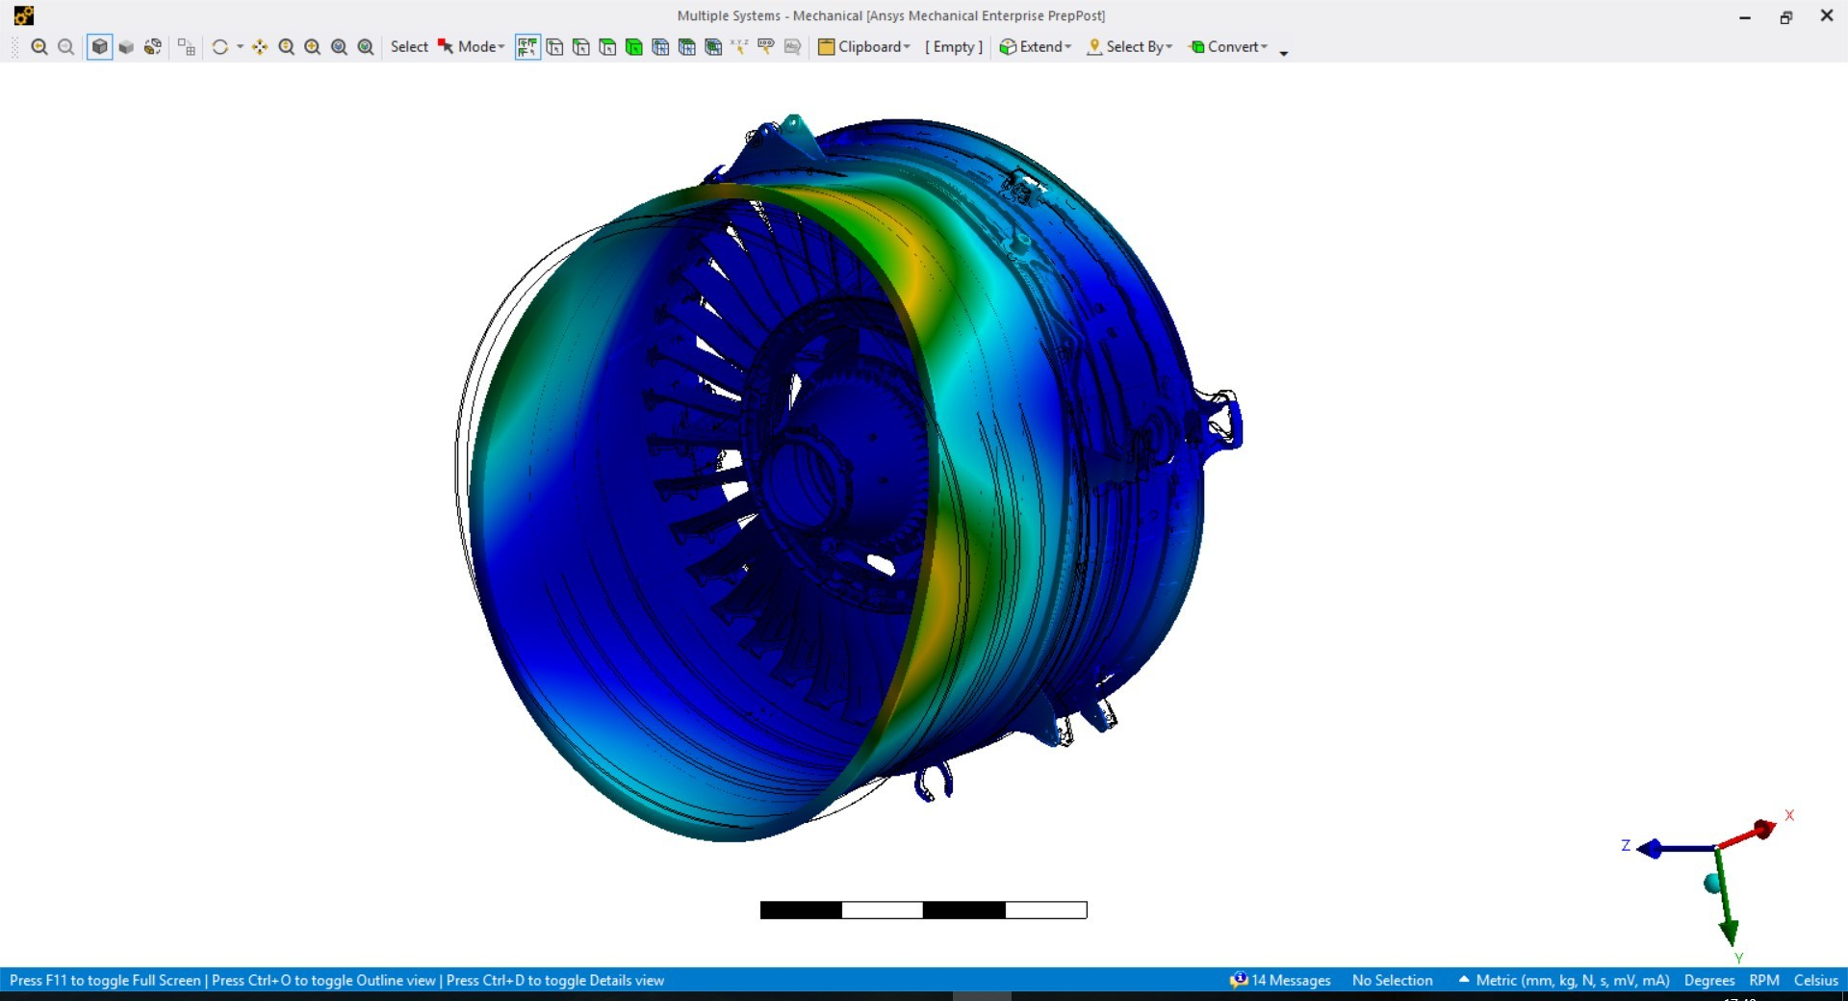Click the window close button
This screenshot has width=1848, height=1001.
coord(1826,16)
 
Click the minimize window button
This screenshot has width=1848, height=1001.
coord(1745,17)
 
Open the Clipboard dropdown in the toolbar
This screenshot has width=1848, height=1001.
coord(864,47)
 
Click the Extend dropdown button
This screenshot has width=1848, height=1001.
coord(1036,47)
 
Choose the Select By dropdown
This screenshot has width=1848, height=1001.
coord(1130,47)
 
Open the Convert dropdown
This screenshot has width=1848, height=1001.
coord(1229,47)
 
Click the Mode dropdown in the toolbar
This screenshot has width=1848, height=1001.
coord(472,47)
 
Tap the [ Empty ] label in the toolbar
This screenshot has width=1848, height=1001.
coord(954,47)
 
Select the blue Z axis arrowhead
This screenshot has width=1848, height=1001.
coord(1650,849)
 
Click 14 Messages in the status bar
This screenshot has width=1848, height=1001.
coord(1280,980)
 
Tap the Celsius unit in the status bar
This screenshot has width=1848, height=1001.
coord(1815,980)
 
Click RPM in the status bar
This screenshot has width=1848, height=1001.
coord(1763,980)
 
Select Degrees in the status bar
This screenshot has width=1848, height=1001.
coord(1708,980)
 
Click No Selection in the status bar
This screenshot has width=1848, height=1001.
coord(1392,980)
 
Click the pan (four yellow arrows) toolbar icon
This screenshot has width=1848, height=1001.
coord(260,47)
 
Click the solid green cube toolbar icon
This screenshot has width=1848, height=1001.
coord(633,47)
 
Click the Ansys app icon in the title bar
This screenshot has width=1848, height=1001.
coord(24,15)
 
